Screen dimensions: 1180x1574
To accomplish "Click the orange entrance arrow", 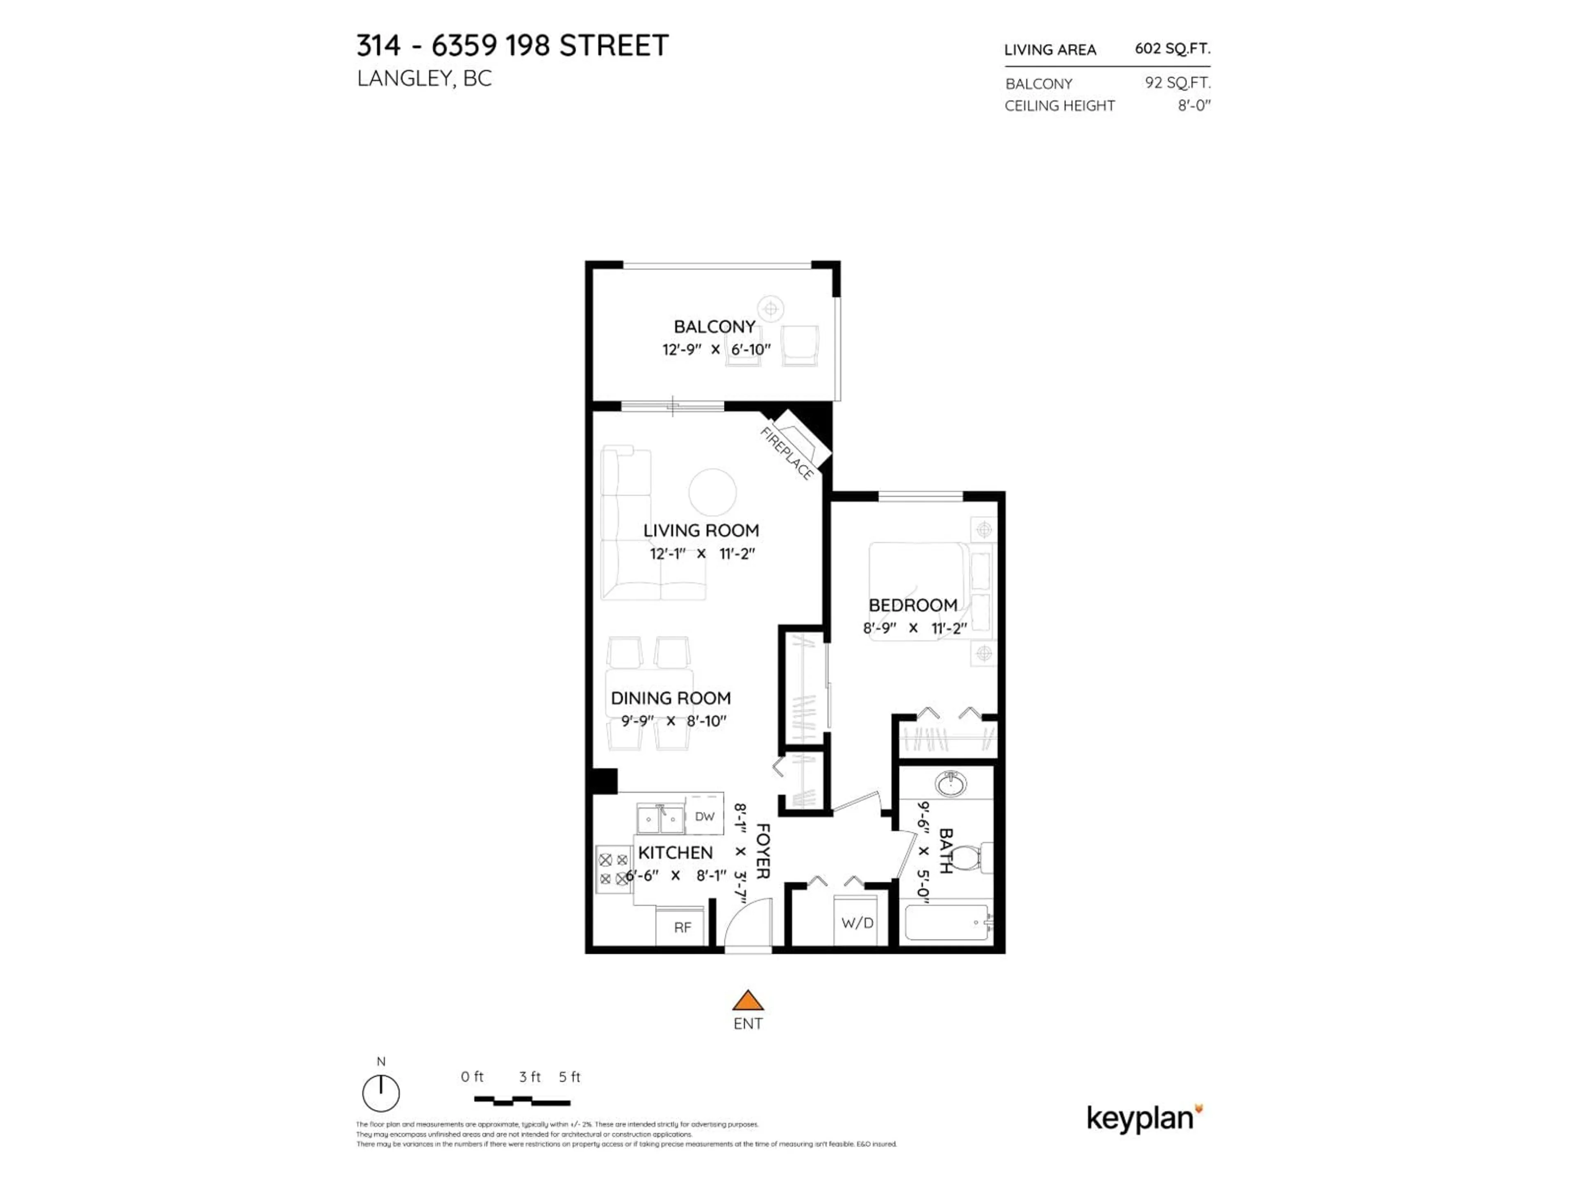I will (x=748, y=1001).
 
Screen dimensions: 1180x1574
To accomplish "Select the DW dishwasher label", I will (x=705, y=817).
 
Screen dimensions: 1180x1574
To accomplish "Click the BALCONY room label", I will (x=714, y=327).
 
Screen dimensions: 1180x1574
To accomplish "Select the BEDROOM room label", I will (x=913, y=605).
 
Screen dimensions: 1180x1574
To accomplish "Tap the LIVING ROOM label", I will (x=701, y=531).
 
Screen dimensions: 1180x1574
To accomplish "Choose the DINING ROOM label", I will (x=670, y=699).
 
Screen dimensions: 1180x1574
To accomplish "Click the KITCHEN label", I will (x=675, y=853).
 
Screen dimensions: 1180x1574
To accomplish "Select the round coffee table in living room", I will (x=712, y=492).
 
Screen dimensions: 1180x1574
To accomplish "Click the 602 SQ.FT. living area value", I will (x=1172, y=48).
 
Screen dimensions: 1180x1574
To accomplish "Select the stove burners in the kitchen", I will (x=613, y=869).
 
